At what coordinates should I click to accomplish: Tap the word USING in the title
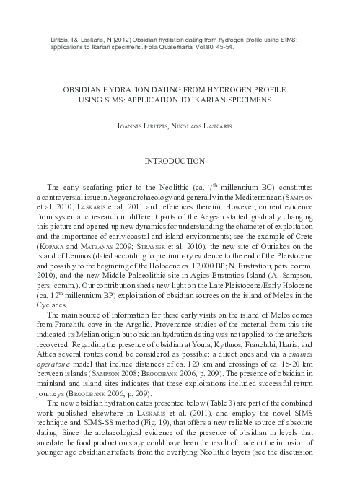point(92,100)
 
